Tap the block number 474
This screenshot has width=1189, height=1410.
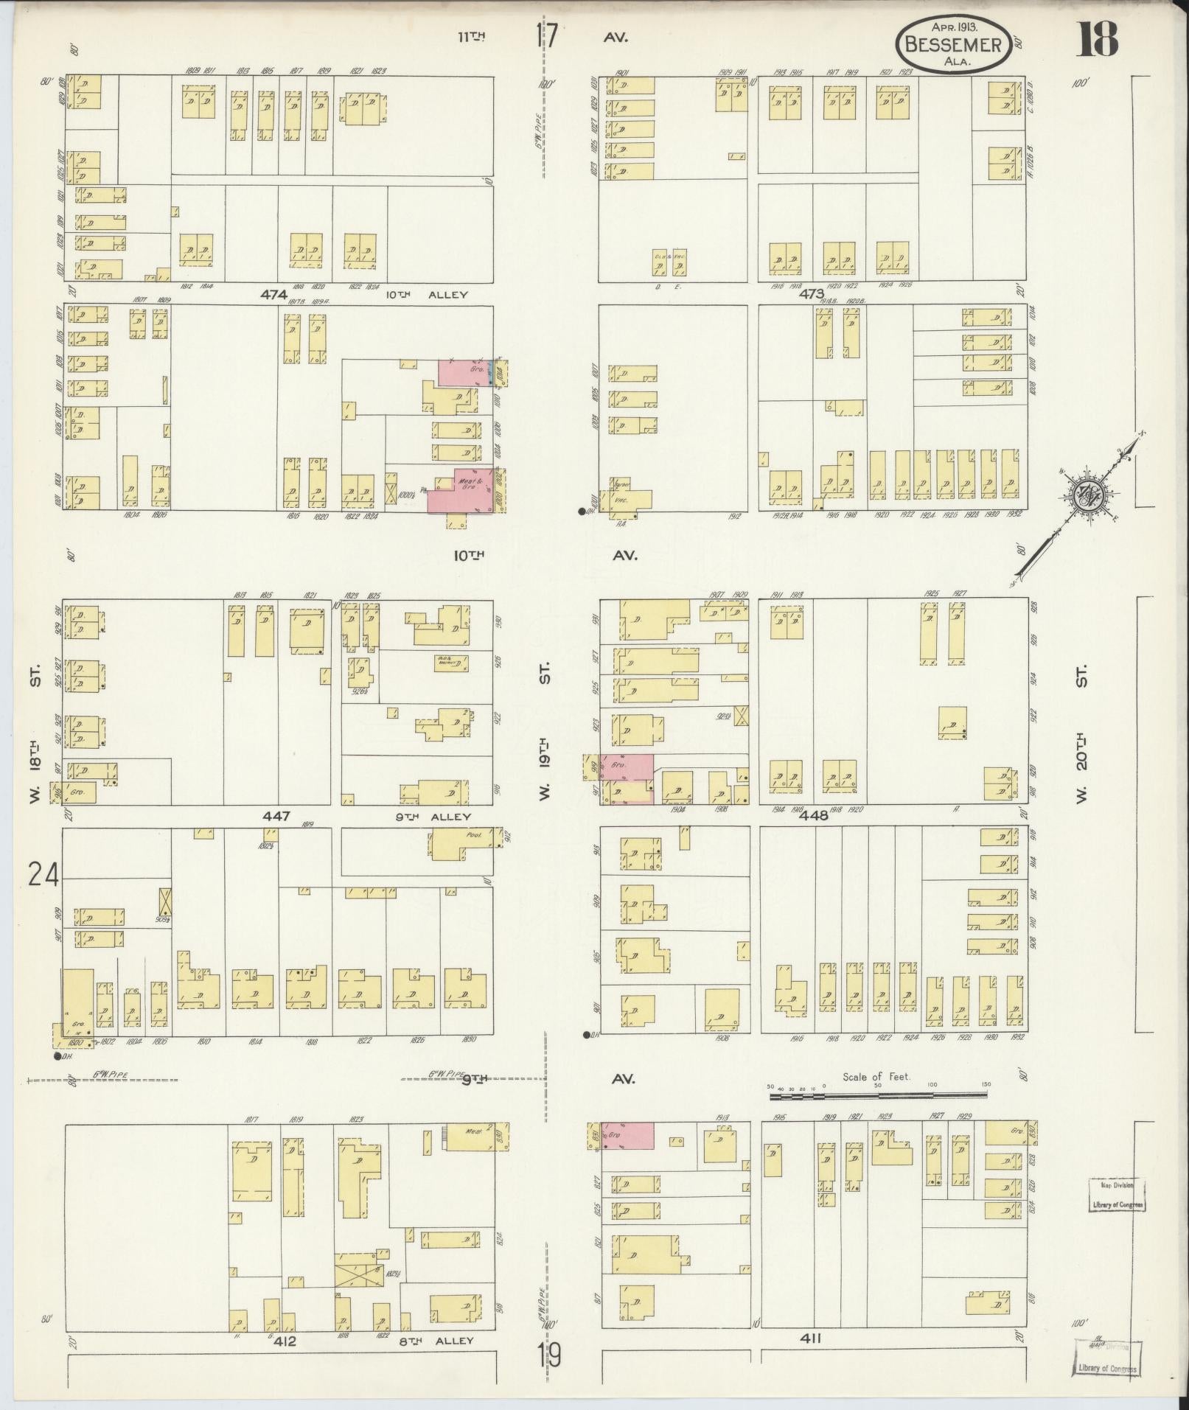(273, 294)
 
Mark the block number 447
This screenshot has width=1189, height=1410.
(275, 816)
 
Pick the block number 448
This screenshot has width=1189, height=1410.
(820, 815)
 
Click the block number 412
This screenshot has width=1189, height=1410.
(285, 1341)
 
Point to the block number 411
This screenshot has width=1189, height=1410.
(812, 1338)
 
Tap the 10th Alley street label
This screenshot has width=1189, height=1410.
(427, 295)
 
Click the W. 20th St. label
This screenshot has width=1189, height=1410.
(1081, 767)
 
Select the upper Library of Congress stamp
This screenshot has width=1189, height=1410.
(1117, 1196)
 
